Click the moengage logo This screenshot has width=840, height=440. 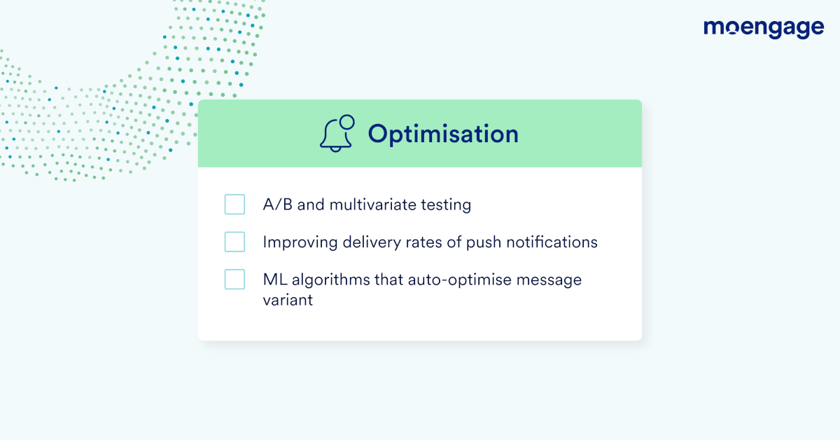pyautogui.click(x=764, y=29)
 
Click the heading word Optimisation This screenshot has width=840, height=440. pyautogui.click(x=443, y=135)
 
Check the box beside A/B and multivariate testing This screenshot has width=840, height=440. pyautogui.click(x=234, y=204)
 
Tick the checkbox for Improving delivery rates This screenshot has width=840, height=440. pyautogui.click(x=234, y=242)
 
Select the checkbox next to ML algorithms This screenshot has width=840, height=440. pyautogui.click(x=234, y=280)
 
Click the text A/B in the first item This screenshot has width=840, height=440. pyautogui.click(x=277, y=205)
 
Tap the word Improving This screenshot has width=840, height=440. pyautogui.click(x=300, y=243)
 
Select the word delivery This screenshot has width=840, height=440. pyautogui.click(x=372, y=243)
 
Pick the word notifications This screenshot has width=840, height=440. pyautogui.click(x=552, y=242)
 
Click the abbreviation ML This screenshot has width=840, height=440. pyautogui.click(x=275, y=280)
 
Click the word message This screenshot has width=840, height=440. pyautogui.click(x=549, y=281)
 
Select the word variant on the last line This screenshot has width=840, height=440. pyautogui.click(x=288, y=300)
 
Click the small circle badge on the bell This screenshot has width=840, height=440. pyautogui.click(x=347, y=122)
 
